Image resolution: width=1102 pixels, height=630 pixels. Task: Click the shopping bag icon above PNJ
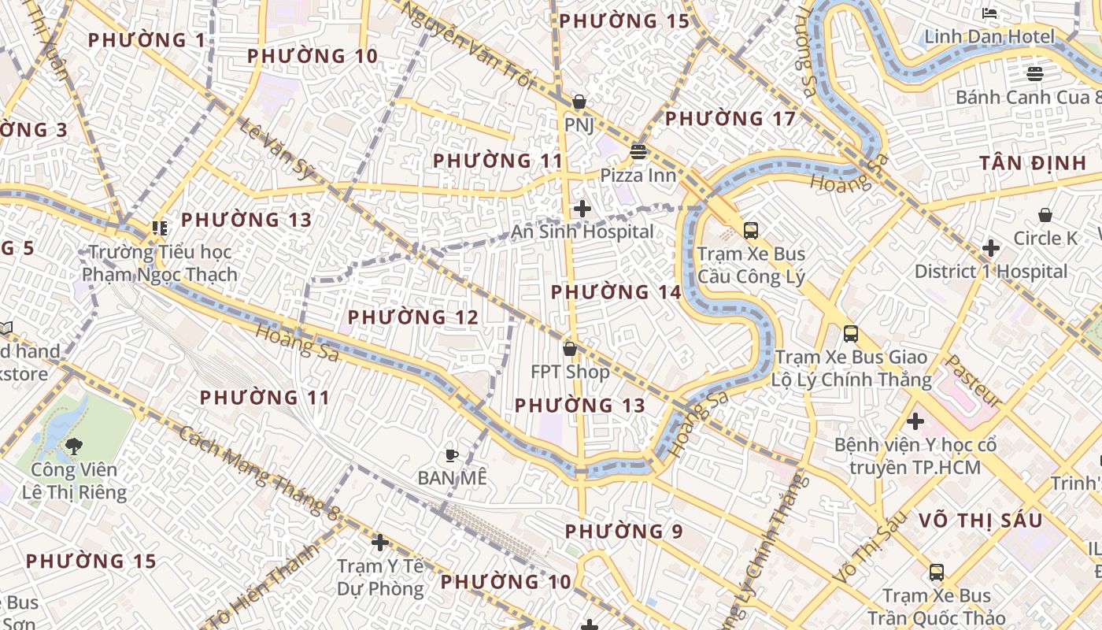point(579,102)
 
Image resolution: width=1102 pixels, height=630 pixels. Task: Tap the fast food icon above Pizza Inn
point(638,151)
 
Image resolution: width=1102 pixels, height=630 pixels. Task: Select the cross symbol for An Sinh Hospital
point(582,209)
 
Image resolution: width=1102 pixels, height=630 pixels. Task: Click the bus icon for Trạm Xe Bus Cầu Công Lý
point(751,231)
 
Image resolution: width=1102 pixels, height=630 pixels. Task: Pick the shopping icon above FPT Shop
point(570,348)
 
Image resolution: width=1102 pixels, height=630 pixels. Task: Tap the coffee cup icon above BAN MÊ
point(452,455)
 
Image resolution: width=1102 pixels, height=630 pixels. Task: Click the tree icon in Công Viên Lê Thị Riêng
point(74,447)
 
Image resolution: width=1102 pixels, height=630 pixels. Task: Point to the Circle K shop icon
point(1045,215)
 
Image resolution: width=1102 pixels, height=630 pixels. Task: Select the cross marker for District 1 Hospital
point(991,249)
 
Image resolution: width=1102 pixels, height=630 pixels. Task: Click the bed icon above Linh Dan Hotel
point(990,13)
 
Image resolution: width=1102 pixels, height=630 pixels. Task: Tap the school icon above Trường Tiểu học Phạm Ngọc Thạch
point(160,228)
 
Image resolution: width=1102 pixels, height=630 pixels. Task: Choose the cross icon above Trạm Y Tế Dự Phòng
point(380,543)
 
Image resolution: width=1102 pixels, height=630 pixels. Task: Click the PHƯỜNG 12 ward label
point(413,317)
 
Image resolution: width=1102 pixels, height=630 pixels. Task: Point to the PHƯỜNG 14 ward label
point(616,292)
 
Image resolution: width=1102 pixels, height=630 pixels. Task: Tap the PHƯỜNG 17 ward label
point(730,119)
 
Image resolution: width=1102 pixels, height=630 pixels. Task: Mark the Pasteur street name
point(973,380)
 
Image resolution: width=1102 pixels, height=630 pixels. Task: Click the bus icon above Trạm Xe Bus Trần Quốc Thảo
point(937,573)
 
